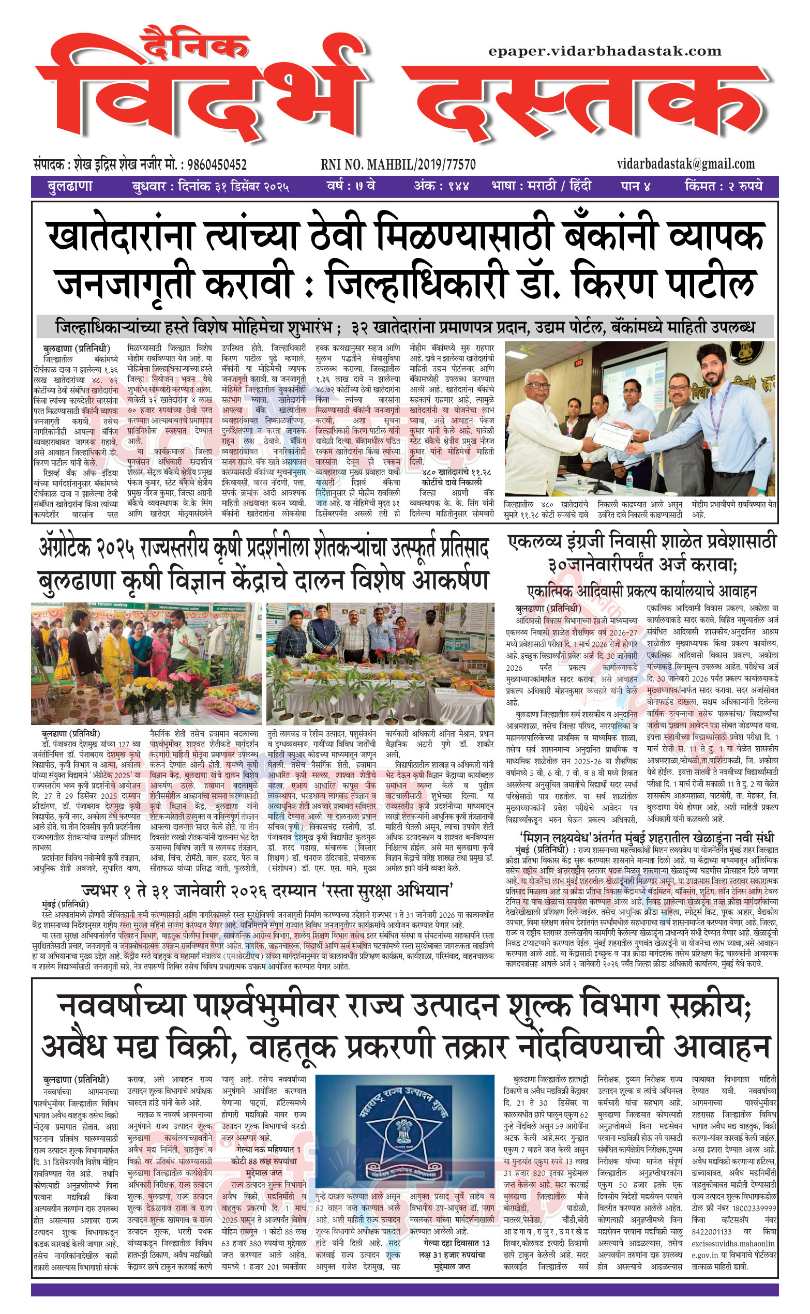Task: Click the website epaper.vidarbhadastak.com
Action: pyautogui.click(x=605, y=51)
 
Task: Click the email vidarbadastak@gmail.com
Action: pyautogui.click(x=685, y=164)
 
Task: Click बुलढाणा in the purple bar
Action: pyautogui.click(x=70, y=186)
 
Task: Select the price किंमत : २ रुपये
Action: pyautogui.click(x=723, y=186)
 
